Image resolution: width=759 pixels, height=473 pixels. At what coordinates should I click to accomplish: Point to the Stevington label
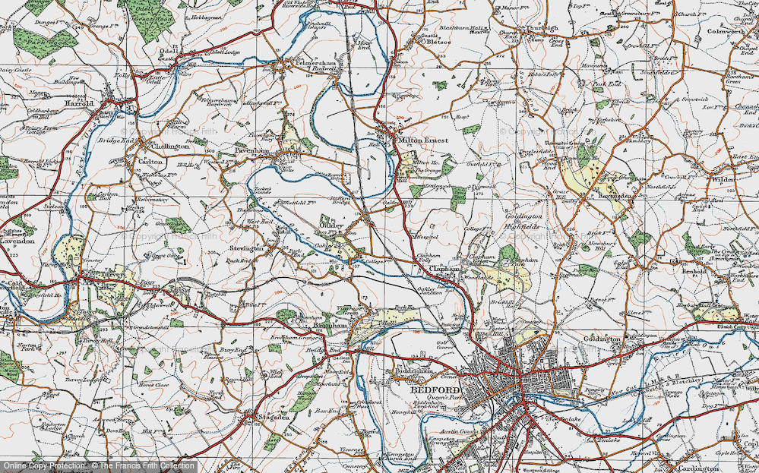click(247, 248)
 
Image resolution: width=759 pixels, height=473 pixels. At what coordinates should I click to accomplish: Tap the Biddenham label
click(410, 371)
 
